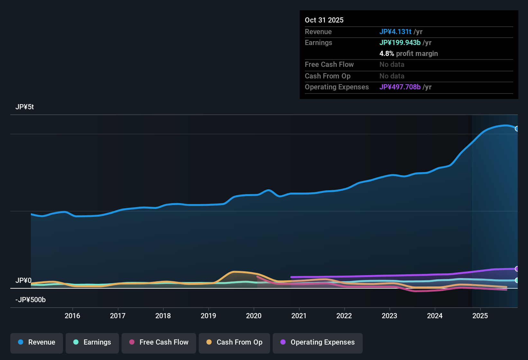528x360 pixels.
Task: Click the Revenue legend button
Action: point(37,342)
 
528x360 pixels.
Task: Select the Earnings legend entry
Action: point(92,342)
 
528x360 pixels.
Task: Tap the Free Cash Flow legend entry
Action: point(159,342)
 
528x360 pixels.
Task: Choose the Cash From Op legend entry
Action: point(234,342)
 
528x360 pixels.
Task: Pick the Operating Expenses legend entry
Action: point(317,342)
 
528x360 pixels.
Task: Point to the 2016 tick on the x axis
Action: point(72,316)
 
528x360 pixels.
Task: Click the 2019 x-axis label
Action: point(208,316)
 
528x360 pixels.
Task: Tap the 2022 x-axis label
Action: point(344,316)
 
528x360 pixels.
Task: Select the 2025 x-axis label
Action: point(480,316)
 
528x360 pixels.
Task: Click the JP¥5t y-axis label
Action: point(25,107)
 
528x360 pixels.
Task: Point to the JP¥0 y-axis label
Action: point(23,281)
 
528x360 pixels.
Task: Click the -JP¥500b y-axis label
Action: point(31,300)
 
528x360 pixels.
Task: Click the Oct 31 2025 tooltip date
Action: point(324,20)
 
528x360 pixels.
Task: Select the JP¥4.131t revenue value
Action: point(395,32)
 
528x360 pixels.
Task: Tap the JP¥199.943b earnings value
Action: point(400,43)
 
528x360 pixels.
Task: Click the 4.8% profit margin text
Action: point(408,54)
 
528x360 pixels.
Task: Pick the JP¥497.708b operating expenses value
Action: point(400,87)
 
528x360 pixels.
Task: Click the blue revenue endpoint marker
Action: point(517,129)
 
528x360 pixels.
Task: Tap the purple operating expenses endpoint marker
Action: point(517,269)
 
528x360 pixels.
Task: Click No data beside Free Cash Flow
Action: point(392,65)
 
